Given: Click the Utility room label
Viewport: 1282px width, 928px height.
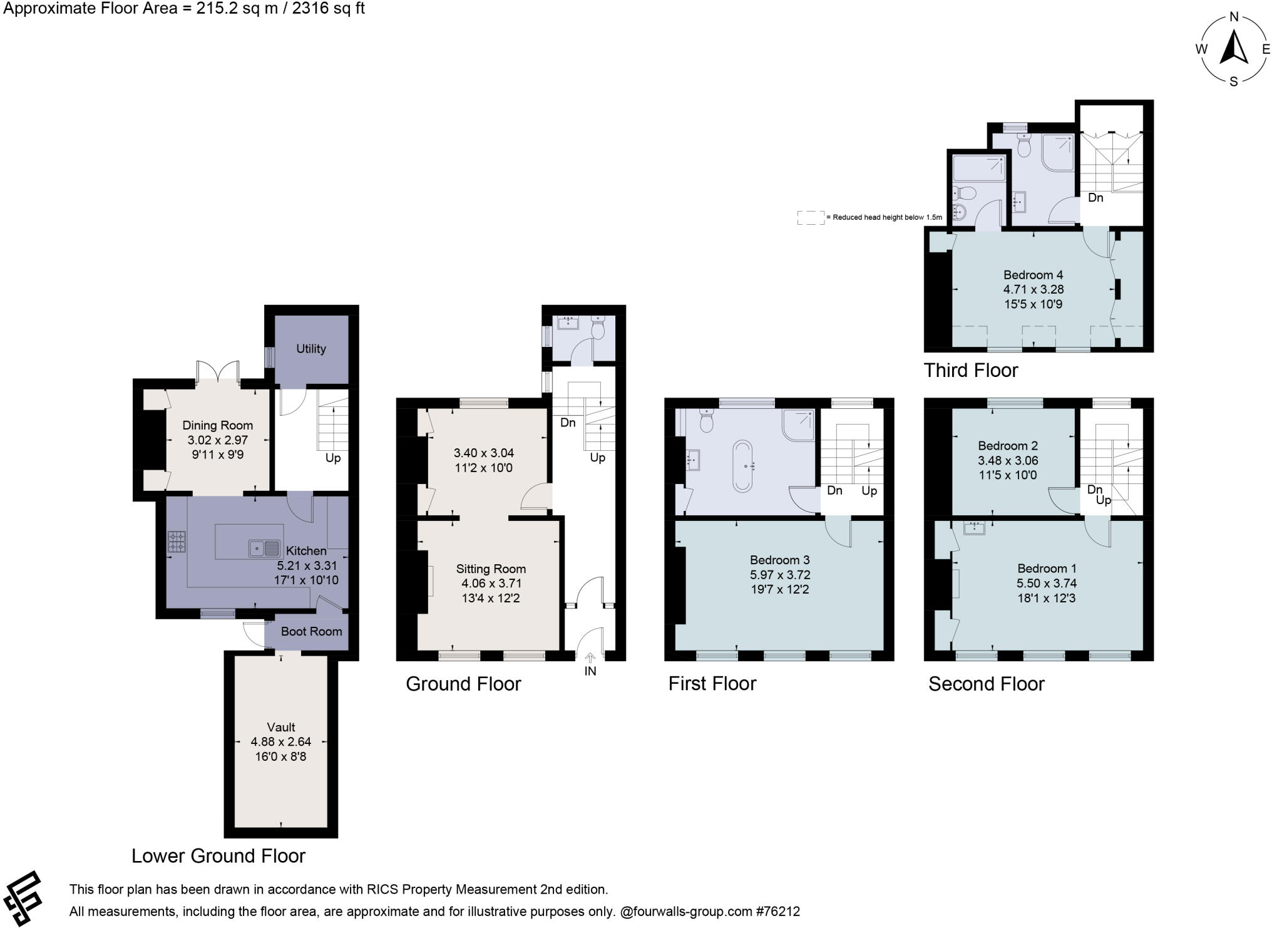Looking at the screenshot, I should (x=311, y=349).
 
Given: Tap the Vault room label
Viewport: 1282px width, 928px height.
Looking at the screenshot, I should (x=281, y=727).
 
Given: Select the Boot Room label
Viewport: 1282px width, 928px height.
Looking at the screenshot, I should (x=311, y=631).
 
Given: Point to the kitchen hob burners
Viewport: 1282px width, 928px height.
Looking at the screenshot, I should (x=177, y=542).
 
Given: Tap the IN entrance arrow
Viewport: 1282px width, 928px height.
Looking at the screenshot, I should (x=590, y=658).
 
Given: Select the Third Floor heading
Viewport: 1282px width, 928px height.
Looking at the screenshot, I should (x=970, y=371).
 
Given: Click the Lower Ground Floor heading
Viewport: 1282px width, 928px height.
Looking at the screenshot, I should (x=218, y=856).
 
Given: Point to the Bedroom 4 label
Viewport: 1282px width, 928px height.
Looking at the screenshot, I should (x=1033, y=275).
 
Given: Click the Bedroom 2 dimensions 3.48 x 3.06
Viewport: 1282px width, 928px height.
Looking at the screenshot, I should (x=1008, y=460).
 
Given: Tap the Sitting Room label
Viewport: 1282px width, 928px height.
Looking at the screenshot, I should (x=491, y=569).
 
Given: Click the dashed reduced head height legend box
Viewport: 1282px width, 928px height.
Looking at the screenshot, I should (x=810, y=217).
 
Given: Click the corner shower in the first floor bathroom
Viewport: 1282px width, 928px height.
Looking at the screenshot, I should (x=799, y=425).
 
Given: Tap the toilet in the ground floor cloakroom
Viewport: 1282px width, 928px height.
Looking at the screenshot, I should (x=598, y=328).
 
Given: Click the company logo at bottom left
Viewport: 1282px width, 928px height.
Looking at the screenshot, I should (x=23, y=899).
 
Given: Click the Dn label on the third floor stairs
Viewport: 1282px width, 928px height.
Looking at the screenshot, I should (x=1095, y=198).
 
